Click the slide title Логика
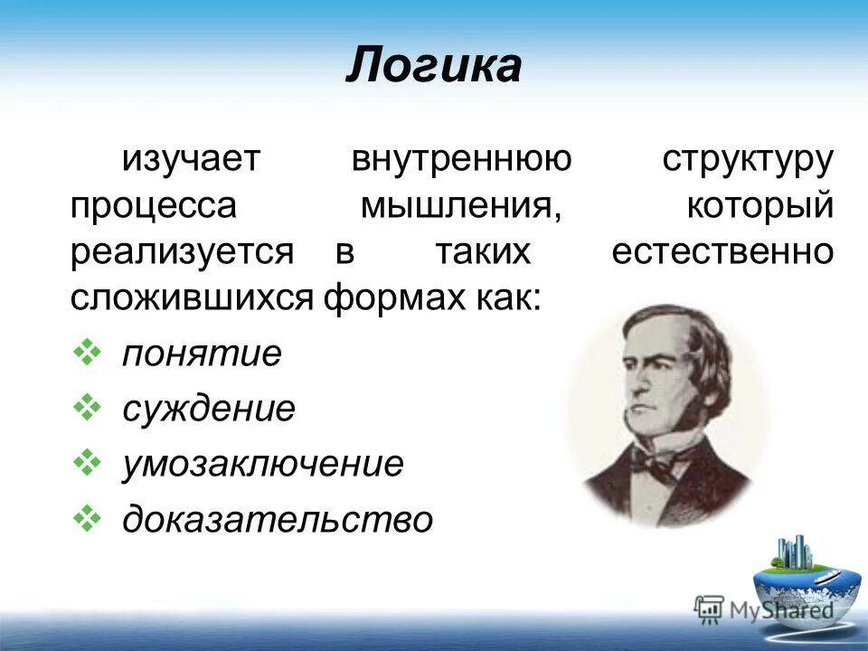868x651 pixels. tap(433, 66)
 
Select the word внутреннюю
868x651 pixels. tap(461, 160)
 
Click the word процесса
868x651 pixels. tap(154, 206)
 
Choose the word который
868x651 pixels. tap(759, 206)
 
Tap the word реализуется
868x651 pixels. tap(182, 252)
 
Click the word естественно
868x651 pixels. tap(722, 252)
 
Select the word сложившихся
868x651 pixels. tap(193, 298)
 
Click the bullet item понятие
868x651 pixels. tap(203, 354)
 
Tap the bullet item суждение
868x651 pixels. tap(209, 409)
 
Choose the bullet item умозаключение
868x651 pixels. tap(263, 464)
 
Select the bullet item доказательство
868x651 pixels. tap(278, 519)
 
